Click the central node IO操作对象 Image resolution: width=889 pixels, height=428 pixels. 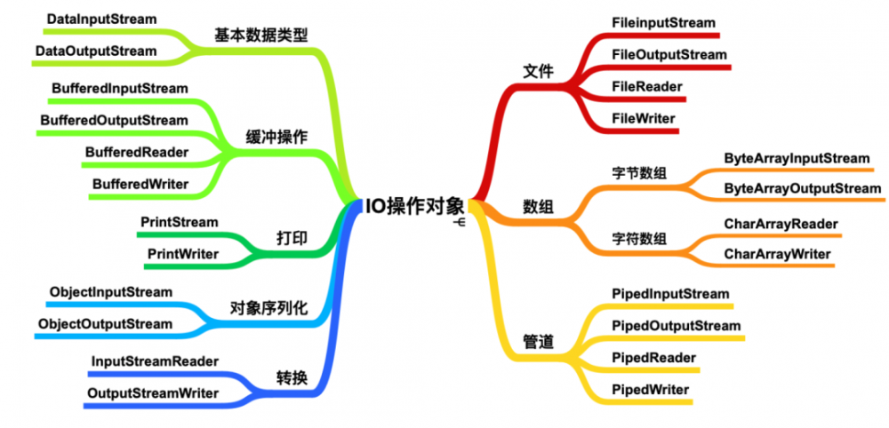click(414, 206)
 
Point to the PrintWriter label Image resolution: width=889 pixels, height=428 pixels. click(183, 254)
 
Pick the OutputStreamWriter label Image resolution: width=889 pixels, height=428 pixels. click(152, 392)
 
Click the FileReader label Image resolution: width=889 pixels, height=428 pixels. click(647, 86)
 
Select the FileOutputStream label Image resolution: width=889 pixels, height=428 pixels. click(669, 54)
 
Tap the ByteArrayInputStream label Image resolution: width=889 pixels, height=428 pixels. click(797, 157)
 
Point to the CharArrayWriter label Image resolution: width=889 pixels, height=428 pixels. click(777, 254)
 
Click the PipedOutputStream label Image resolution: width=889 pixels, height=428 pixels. click(676, 325)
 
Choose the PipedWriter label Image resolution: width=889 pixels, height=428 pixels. click(650, 389)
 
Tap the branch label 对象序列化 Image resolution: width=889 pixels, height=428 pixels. click(268, 308)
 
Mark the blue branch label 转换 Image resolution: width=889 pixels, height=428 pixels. click(292, 377)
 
